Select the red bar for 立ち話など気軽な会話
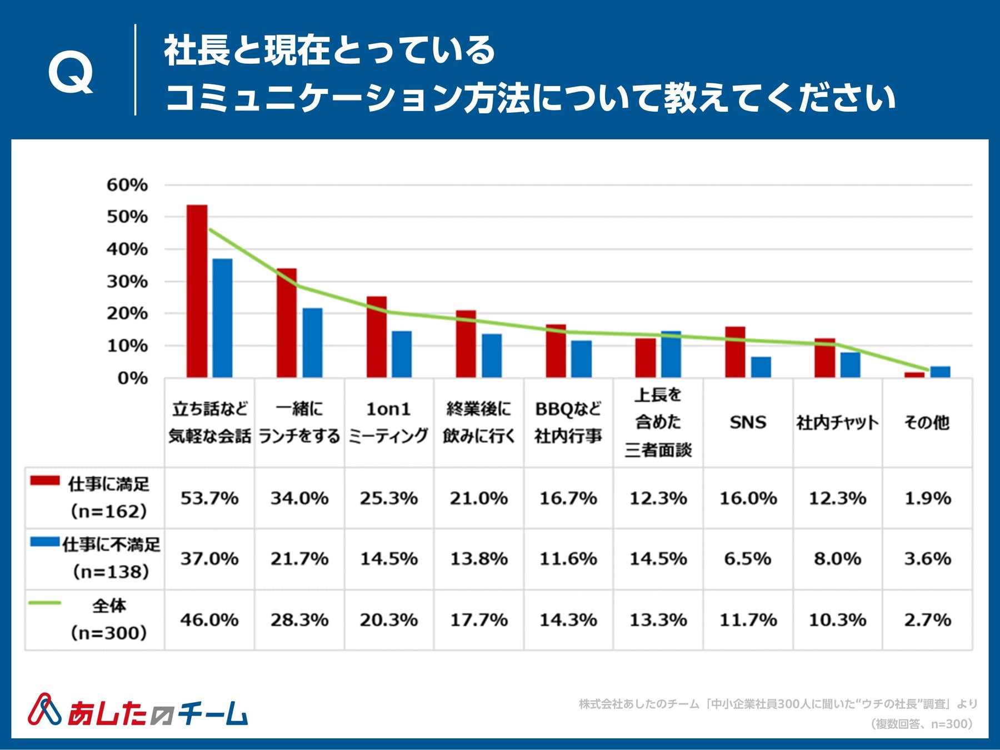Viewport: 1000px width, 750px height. pos(197,292)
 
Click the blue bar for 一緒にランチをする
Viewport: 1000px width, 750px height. pos(312,343)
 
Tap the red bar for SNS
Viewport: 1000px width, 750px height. pos(735,352)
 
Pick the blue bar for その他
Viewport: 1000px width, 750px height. pos(940,372)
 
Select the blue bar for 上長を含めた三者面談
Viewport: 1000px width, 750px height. pos(671,354)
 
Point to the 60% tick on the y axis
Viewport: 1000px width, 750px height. pos(127,185)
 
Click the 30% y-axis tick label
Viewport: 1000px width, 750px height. pos(127,282)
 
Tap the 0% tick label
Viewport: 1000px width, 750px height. pos(132,378)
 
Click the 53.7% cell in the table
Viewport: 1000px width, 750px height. pos(209,498)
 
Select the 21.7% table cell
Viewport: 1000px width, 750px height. pos(299,558)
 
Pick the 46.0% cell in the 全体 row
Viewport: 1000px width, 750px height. pos(209,619)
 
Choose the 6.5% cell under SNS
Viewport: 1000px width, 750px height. pos(748,558)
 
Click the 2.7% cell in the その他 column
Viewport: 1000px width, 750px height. pos(927,619)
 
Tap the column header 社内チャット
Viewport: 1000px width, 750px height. pos(837,423)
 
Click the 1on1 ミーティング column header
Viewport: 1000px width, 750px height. pos(389,422)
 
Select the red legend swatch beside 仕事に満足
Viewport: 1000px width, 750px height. pos(45,481)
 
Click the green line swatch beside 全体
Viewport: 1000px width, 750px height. pos(45,603)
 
